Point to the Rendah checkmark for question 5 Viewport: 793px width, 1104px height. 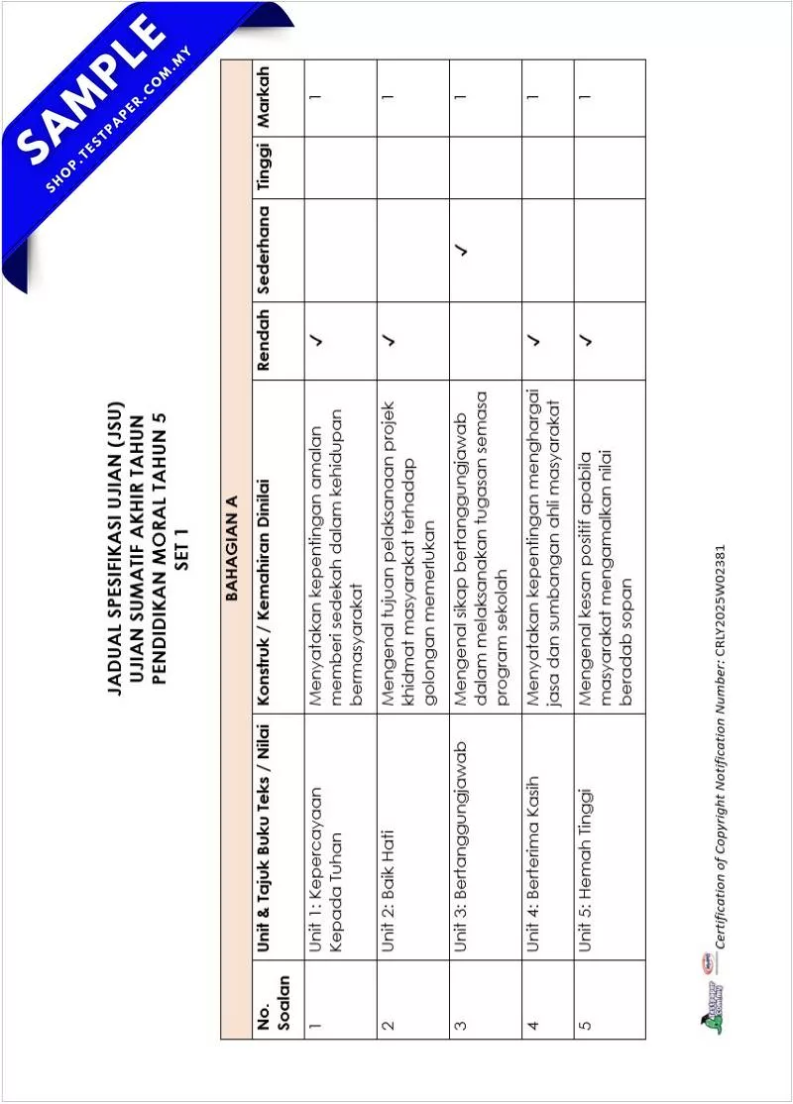click(x=586, y=341)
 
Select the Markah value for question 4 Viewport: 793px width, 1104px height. click(x=533, y=97)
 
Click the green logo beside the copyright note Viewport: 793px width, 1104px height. click(x=713, y=1004)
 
